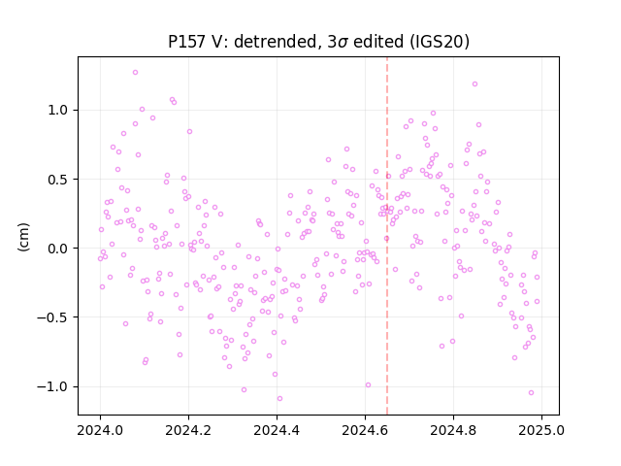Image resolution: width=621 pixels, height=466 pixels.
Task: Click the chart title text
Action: point(318,42)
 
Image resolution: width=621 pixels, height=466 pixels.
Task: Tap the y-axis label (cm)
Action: point(23,237)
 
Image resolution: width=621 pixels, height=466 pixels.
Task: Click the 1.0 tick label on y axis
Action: point(58,110)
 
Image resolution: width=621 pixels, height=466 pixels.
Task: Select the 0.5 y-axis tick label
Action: point(58,180)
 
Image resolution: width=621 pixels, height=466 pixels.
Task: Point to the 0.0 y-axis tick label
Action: point(58,249)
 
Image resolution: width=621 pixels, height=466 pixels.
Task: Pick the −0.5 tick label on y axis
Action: point(52,317)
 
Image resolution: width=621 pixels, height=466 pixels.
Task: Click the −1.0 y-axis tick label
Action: point(52,386)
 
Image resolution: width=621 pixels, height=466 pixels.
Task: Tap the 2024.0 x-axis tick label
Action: point(100,430)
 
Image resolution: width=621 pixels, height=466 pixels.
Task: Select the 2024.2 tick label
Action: point(188,430)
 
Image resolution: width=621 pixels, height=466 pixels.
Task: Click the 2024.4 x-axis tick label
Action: point(277,430)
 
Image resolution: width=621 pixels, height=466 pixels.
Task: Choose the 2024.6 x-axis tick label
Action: point(365,430)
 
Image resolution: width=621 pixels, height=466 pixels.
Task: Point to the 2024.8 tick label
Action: point(453,430)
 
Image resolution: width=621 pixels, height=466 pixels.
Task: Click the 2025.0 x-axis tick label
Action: point(541,430)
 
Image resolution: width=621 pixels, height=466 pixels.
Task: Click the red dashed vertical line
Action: point(387,236)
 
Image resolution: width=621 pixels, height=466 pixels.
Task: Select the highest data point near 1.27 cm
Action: point(136,73)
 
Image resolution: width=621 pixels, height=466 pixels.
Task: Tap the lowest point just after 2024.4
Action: point(280,399)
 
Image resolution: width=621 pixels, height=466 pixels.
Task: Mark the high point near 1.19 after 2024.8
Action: point(474,84)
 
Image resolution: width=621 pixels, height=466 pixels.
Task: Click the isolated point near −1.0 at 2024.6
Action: point(368,385)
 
